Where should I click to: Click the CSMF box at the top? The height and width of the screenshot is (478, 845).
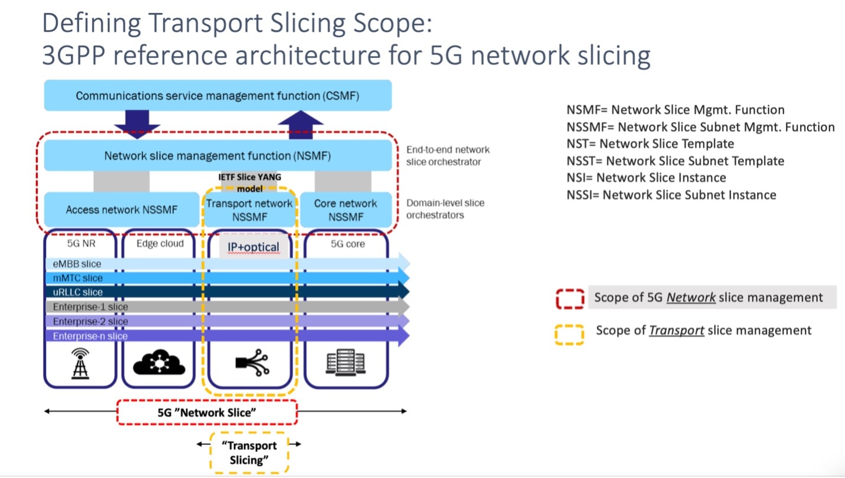point(217,96)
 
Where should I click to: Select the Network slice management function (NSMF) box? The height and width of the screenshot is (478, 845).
point(217,156)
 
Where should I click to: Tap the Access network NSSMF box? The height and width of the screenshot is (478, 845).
point(121,210)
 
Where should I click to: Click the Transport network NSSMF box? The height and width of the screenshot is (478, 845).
point(249,210)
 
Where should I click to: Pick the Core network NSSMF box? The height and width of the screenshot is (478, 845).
point(346,210)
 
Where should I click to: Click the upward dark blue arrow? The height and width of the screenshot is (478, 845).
point(300,124)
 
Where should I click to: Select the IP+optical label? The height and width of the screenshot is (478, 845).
point(253,247)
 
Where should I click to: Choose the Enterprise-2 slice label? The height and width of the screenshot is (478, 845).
point(90,321)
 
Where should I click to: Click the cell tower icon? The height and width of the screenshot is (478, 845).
point(79,362)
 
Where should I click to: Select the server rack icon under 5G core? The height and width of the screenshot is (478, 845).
point(345,363)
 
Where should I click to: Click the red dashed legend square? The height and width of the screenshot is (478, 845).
point(570,298)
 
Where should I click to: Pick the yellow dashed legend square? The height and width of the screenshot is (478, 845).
point(570,334)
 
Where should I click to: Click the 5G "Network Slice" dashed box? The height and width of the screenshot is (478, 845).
point(207,412)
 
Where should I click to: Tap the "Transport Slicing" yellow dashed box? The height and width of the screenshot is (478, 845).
point(249,453)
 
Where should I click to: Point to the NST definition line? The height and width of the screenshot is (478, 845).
point(650,144)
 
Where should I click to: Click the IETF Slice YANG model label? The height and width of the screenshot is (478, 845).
point(249,181)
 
